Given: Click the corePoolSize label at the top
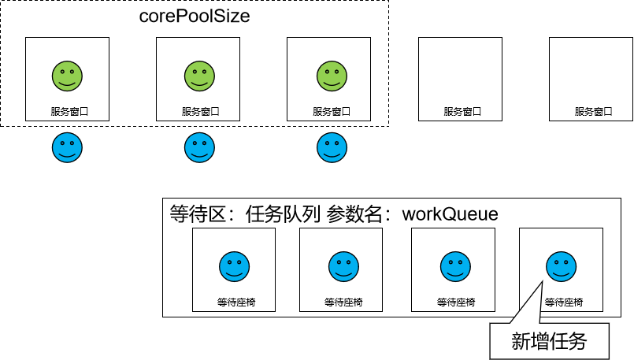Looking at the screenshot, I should tap(195, 15).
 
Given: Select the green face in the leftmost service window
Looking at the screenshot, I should tap(68, 76).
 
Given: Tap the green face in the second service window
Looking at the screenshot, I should tap(199, 76).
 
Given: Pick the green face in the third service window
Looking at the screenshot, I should tap(330, 76).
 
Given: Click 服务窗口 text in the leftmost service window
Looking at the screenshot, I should tap(68, 112).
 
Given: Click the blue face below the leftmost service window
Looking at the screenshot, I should tap(67, 147).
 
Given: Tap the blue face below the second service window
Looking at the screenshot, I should tap(199, 147).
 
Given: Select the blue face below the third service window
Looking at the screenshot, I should tap(332, 147).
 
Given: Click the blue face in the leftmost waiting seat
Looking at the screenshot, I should tap(234, 265).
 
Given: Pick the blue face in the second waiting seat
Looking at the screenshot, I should tap(342, 265).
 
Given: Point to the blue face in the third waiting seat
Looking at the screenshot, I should tap(454, 265).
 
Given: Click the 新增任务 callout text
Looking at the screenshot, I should tap(549, 341).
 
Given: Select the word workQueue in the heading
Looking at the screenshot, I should tap(450, 213).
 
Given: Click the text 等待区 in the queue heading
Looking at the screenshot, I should tap(198, 213).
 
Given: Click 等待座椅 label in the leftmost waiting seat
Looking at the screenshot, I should tap(234, 302).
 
